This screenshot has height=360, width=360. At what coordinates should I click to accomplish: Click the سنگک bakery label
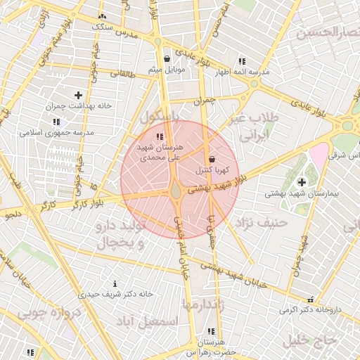pos(102,26)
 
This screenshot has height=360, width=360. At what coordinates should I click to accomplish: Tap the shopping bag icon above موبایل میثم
pos(166,59)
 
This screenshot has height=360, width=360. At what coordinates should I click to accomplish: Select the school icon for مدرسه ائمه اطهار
pos(242,62)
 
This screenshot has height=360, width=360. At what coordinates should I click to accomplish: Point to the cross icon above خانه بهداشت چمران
pos(77,95)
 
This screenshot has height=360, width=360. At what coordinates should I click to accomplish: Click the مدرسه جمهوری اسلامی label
pos(56,132)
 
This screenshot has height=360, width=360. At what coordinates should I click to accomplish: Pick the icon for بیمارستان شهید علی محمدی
pos(160,136)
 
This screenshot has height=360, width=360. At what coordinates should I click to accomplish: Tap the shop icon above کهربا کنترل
pos(212,158)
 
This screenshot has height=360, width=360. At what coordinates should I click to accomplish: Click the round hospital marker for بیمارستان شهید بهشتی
pos(302,182)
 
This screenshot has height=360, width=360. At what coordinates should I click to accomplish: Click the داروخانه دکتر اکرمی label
pos(310,309)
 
